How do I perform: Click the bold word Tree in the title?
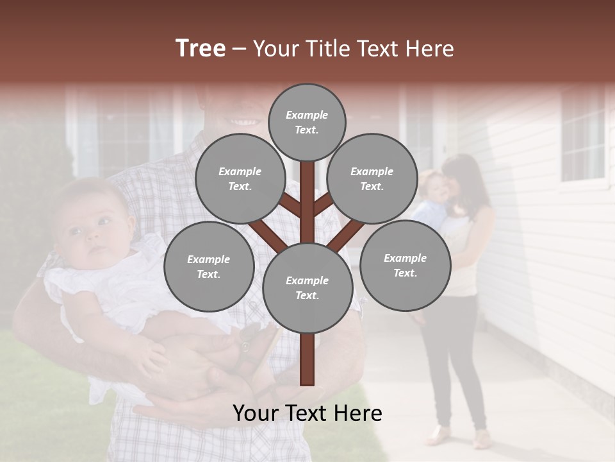(201, 48)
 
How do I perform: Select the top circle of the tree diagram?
(307, 122)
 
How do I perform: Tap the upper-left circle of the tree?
(240, 178)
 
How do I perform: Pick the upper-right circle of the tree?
(372, 178)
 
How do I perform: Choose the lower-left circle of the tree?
(208, 266)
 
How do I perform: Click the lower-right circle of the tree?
(405, 265)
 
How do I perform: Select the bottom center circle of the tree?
(307, 287)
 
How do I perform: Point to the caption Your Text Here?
(307, 413)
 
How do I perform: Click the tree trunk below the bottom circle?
(307, 359)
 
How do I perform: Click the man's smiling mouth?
(245, 121)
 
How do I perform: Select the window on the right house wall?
(583, 135)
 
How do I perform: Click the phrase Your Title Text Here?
(353, 48)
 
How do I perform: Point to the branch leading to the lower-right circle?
(346, 234)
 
